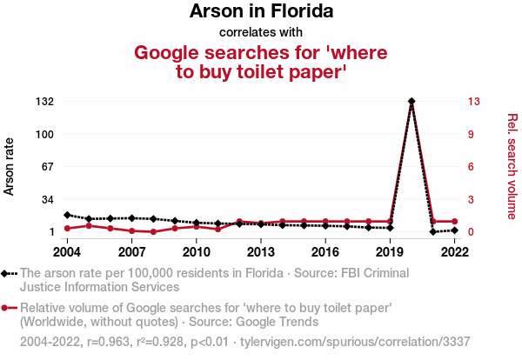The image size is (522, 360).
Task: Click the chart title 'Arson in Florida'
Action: (x=261, y=12)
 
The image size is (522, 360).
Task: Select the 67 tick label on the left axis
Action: (x=45, y=167)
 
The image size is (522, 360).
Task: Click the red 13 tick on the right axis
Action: (x=473, y=102)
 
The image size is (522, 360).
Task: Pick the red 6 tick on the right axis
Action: (x=471, y=167)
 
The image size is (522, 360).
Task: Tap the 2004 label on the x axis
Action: (x=67, y=252)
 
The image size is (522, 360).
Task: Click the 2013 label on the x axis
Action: (x=261, y=252)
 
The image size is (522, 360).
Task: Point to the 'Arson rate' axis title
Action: (x=10, y=165)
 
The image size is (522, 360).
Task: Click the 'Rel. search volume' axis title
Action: (x=512, y=165)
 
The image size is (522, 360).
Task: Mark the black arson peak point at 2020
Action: (x=412, y=102)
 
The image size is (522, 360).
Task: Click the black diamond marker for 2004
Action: (x=67, y=215)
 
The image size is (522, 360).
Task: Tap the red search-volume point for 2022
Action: (x=454, y=222)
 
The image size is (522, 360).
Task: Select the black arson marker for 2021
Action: (x=433, y=232)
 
